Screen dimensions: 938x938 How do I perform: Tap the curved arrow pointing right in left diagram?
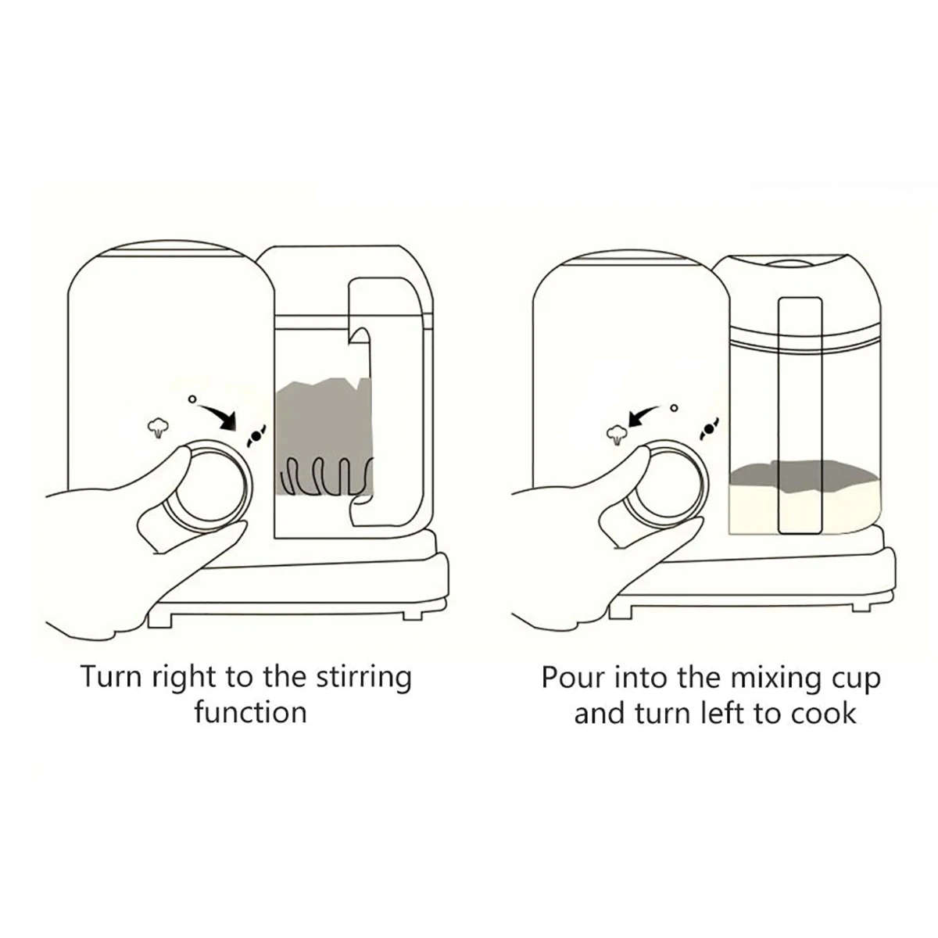click(x=219, y=415)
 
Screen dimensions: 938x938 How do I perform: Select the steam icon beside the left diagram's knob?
click(x=159, y=427)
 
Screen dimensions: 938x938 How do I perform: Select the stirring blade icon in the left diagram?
click(x=256, y=435)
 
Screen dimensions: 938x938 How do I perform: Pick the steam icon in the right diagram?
click(x=618, y=435)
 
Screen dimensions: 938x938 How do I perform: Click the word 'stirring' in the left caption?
click(x=363, y=677)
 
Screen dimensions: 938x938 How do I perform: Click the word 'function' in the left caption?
click(x=250, y=712)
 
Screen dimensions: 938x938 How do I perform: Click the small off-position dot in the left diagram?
click(x=192, y=399)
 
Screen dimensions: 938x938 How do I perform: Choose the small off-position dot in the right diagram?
click(x=674, y=407)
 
